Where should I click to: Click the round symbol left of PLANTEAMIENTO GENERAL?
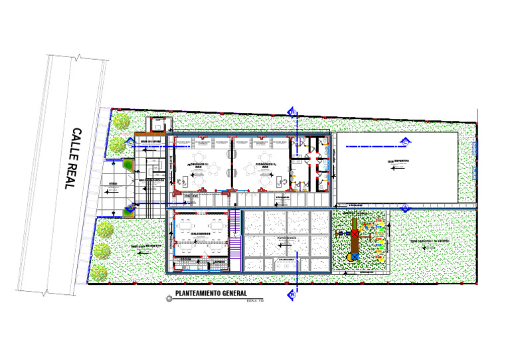[x=169, y=300]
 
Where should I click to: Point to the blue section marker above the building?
[x=291, y=112]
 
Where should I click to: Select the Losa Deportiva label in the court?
[x=398, y=161]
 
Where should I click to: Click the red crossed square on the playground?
[x=355, y=234]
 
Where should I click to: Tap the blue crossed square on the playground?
[x=355, y=256]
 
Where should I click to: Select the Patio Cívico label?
[x=287, y=237]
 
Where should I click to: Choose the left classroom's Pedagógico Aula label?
[x=199, y=165]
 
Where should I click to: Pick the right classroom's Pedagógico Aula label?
[x=265, y=165]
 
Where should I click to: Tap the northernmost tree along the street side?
[x=121, y=122]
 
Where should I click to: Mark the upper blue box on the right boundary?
[x=474, y=148]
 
